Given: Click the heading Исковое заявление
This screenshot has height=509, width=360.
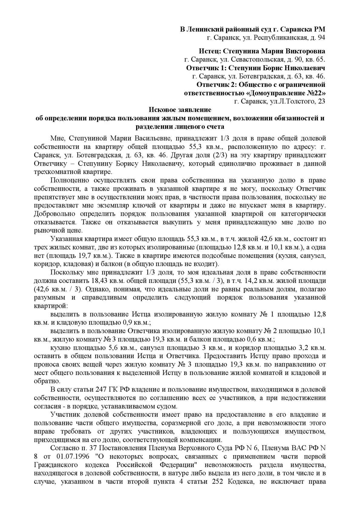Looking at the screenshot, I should (x=180, y=110).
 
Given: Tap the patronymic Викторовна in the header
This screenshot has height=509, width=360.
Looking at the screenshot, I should (x=304, y=51).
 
